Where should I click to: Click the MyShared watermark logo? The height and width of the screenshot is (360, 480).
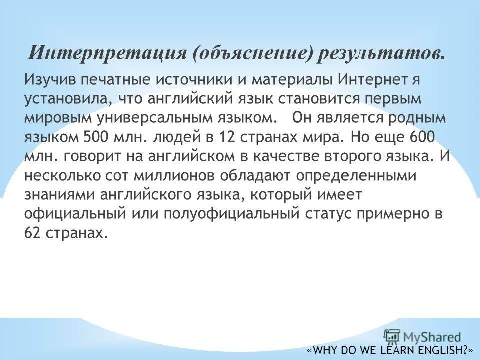click(422, 336)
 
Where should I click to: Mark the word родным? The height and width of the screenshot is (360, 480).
click(411, 117)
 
